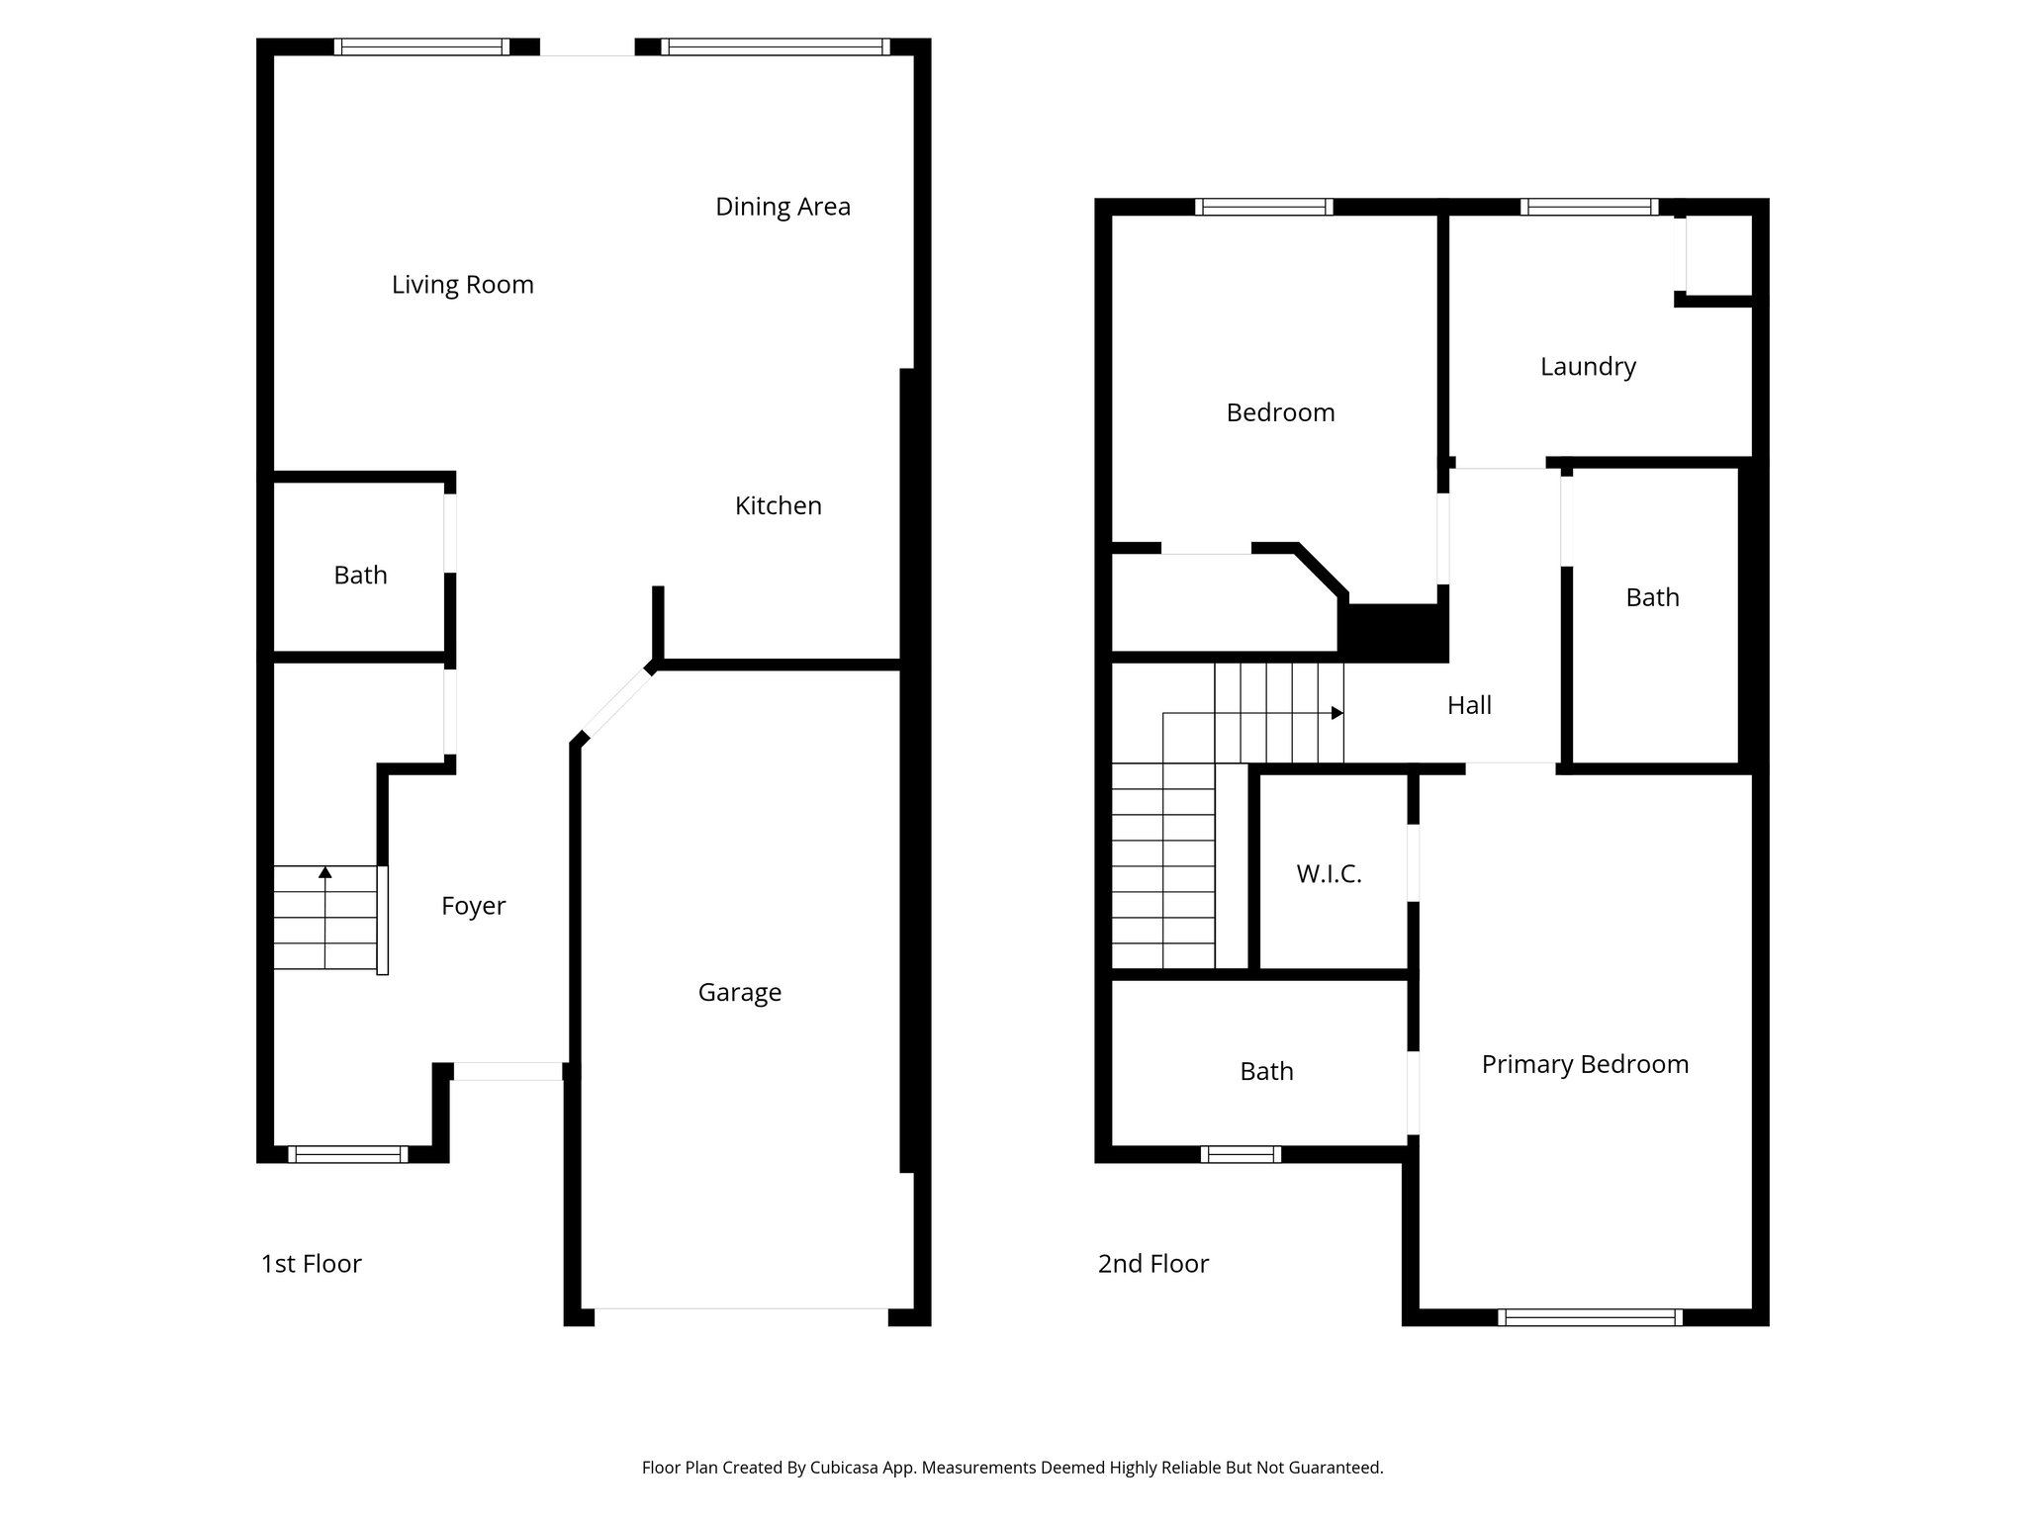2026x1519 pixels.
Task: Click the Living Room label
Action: [x=462, y=285]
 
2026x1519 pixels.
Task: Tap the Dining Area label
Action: [x=783, y=207]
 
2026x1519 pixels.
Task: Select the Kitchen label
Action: [x=778, y=506]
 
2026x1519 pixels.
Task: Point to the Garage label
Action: [x=739, y=993]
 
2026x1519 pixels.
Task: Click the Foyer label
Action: [x=473, y=906]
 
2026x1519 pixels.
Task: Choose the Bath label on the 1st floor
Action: [x=360, y=576]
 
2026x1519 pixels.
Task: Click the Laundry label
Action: [x=1588, y=367]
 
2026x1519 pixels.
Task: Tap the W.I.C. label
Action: [x=1329, y=874]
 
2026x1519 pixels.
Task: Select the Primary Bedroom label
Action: [x=1585, y=1065]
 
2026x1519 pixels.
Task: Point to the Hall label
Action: [x=1469, y=706]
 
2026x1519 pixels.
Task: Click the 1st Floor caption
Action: [x=311, y=1264]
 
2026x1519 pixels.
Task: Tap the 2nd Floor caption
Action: [x=1152, y=1264]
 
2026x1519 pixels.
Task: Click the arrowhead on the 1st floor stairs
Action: [x=324, y=872]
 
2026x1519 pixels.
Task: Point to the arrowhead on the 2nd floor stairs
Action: [x=1337, y=713]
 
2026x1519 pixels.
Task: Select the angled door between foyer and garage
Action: [x=615, y=704]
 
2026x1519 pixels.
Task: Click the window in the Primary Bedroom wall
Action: [x=1590, y=1317]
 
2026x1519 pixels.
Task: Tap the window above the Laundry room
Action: [x=1590, y=207]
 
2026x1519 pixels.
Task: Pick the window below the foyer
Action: [x=347, y=1154]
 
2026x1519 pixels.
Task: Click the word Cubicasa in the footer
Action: [x=846, y=1468]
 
